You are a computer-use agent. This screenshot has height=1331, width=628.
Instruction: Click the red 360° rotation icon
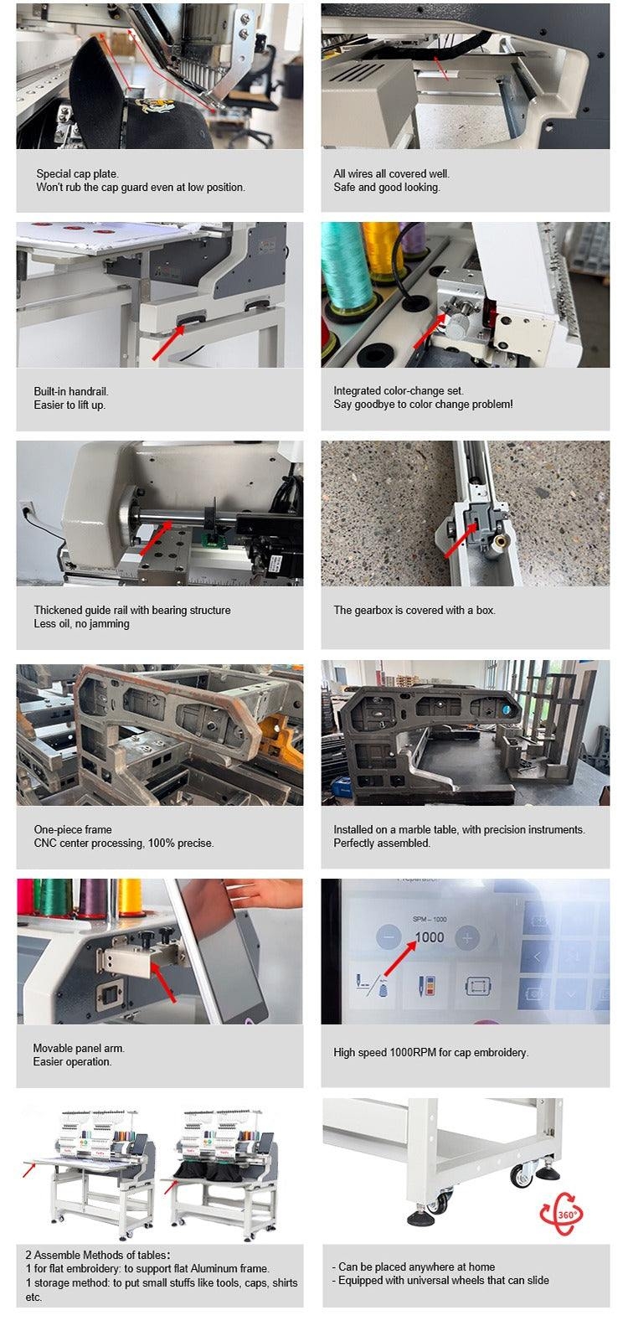(561, 1213)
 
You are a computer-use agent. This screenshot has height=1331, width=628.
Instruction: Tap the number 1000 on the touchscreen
(430, 937)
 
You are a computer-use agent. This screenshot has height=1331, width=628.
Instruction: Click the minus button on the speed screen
(389, 937)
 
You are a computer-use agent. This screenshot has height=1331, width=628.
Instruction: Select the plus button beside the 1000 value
(467, 937)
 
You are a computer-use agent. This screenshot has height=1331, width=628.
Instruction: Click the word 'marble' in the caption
(415, 829)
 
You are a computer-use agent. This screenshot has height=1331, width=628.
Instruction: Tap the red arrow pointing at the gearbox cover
(460, 540)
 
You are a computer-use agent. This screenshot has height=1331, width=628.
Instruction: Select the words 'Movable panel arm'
(79, 1048)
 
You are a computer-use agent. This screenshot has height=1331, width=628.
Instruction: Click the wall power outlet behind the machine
(26, 508)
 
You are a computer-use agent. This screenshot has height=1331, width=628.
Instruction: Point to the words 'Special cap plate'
(77, 174)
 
